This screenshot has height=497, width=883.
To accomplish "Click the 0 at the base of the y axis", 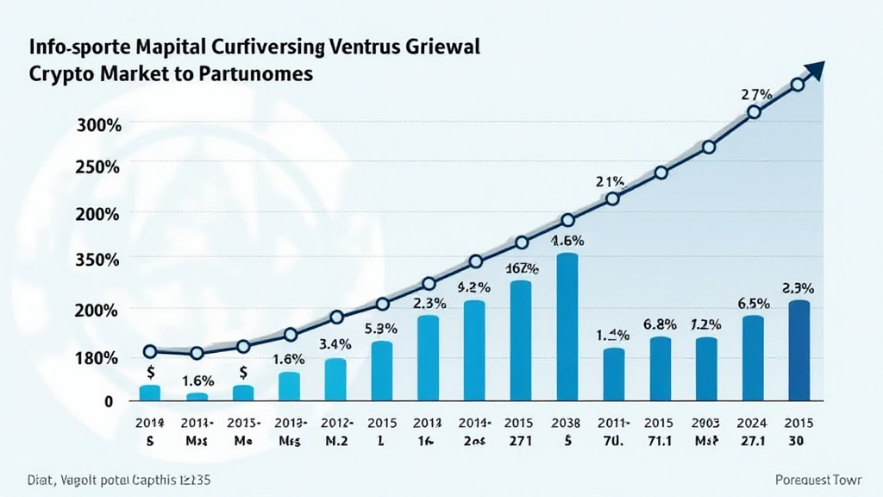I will point(109,401).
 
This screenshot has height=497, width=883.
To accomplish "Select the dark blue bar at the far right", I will point(799,350).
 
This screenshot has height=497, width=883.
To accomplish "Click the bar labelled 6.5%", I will point(753,358).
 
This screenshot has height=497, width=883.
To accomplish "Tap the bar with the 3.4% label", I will point(335,380).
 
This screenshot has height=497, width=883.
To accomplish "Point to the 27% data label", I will point(755,94).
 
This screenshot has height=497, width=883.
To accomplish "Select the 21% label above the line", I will point(610,182).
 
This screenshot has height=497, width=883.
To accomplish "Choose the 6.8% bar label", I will point(660,325).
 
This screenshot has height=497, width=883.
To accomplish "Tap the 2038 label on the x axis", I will point(567,424).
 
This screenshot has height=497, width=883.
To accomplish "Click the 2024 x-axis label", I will point(753,424).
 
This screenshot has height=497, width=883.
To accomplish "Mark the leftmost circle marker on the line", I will point(150,351).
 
